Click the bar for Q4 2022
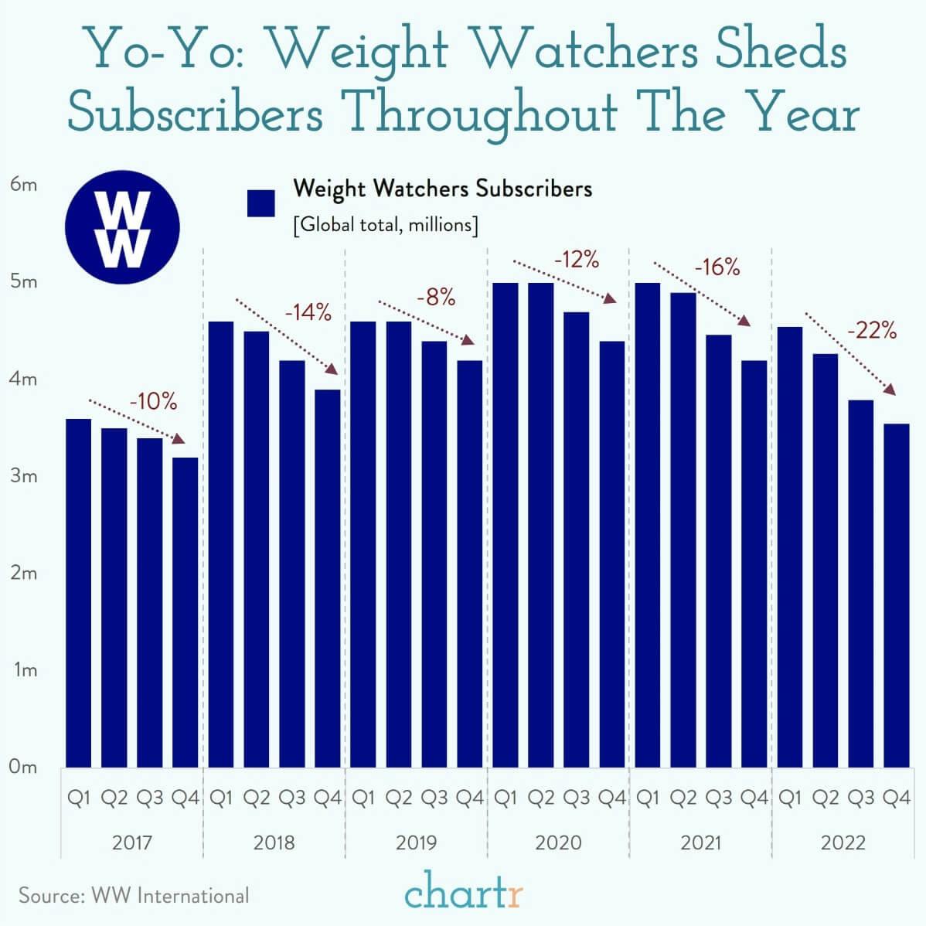click(x=896, y=594)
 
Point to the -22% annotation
click(x=872, y=332)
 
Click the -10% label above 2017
click(x=153, y=402)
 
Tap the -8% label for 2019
click(x=436, y=298)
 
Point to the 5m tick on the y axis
click(x=24, y=282)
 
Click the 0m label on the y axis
click(x=24, y=768)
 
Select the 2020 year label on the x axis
click(x=558, y=842)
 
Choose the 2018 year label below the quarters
click(x=274, y=842)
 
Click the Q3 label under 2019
click(x=434, y=798)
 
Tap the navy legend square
click(x=261, y=203)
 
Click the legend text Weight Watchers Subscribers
click(x=442, y=189)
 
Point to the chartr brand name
click(x=464, y=894)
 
